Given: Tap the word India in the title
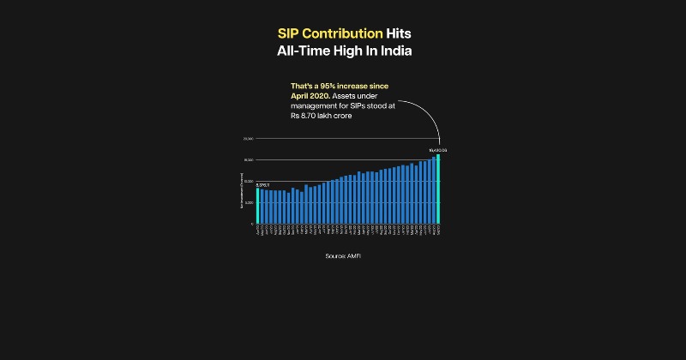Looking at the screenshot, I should [x=390, y=51].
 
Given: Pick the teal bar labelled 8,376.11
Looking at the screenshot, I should [x=257, y=206].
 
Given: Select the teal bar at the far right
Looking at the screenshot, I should [x=438, y=189].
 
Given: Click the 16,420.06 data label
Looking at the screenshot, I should [x=438, y=150].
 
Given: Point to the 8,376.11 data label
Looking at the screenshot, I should [x=263, y=184].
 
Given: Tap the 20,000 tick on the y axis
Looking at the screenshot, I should [x=248, y=138].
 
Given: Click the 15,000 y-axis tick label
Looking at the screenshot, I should [x=248, y=159].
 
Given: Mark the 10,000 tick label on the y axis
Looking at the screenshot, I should [x=248, y=181].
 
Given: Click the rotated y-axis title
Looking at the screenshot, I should [x=242, y=192].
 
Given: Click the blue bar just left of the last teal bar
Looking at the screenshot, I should [x=434, y=190].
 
